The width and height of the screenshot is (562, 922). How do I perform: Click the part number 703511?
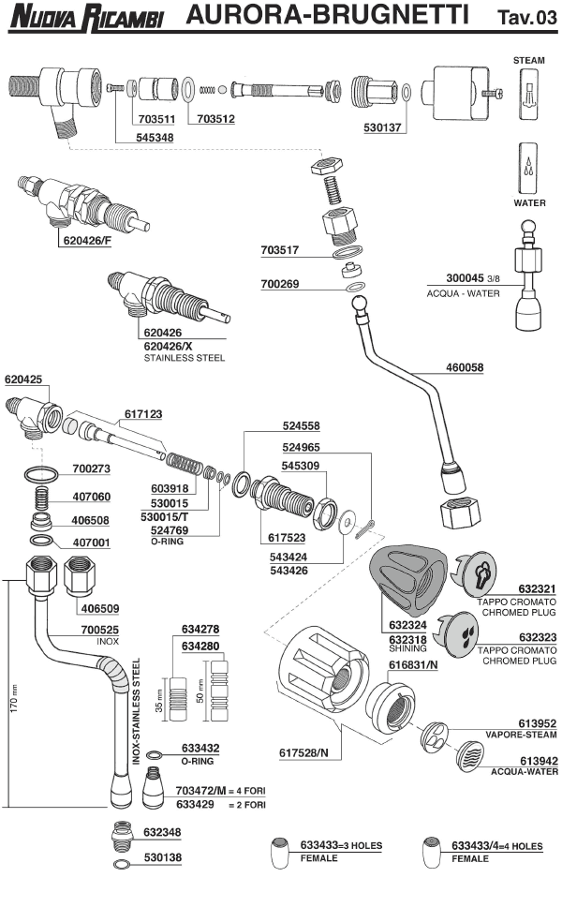pos(156,120)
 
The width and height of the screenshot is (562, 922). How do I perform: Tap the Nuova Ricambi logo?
pos(87,15)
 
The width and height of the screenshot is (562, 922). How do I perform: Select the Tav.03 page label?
pos(526,16)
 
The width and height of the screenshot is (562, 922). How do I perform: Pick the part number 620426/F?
pos(86,240)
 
